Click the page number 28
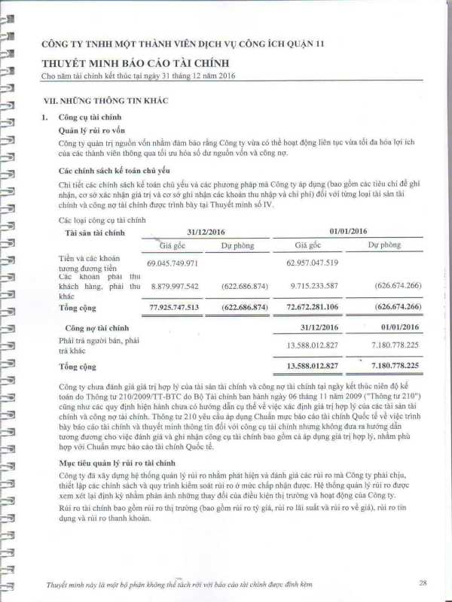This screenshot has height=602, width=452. pyautogui.click(x=423, y=582)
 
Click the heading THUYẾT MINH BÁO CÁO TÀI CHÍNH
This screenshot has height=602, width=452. pyautogui.click(x=136, y=65)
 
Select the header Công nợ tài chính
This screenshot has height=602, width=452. pyautogui.click(x=96, y=327)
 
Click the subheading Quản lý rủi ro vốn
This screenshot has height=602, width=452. pyautogui.click(x=90, y=129)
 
